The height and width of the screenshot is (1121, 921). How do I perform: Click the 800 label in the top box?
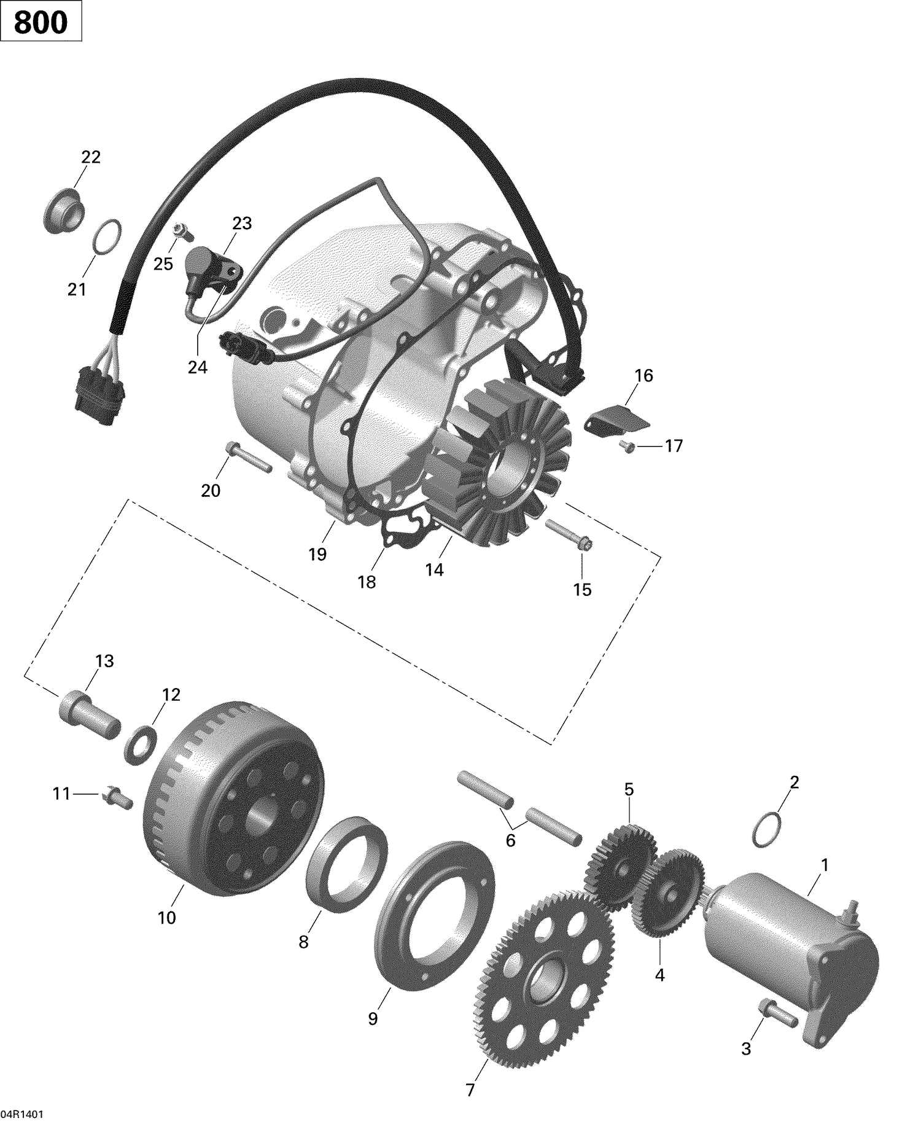(x=41, y=23)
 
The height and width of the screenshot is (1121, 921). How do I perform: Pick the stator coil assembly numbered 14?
(x=497, y=467)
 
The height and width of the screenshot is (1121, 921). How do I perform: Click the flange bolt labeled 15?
(x=569, y=535)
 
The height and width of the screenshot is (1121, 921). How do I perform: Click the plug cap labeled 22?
(x=64, y=211)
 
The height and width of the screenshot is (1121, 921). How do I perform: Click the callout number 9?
(x=373, y=1018)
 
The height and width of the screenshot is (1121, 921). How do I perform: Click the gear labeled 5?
(x=620, y=854)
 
